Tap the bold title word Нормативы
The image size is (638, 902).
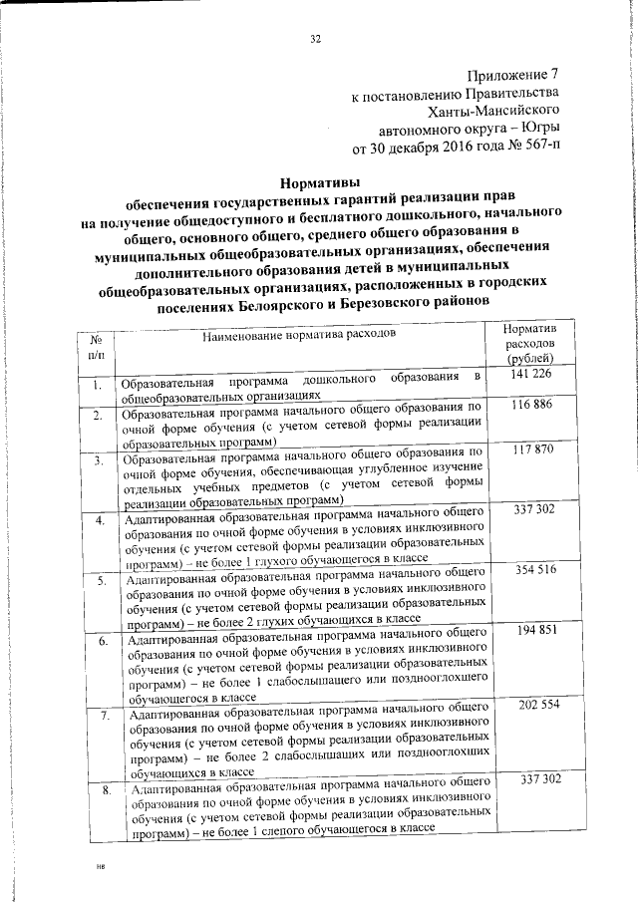tap(318, 182)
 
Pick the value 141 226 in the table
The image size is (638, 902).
tap(529, 375)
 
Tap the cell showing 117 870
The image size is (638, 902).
tap(530, 451)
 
